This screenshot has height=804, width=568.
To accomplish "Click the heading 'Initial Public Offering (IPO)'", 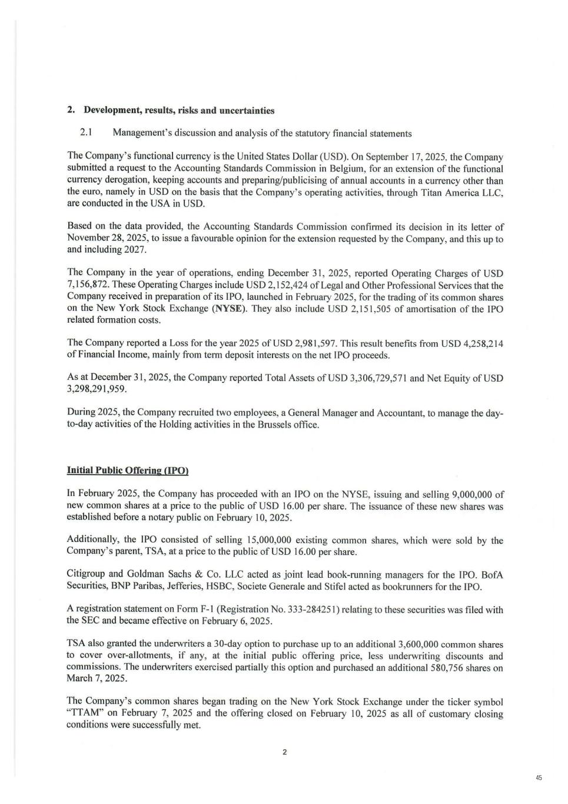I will (x=127, y=471).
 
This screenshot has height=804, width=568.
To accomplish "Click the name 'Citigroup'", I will (x=86, y=575).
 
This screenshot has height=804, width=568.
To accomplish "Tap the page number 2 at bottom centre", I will (x=284, y=752).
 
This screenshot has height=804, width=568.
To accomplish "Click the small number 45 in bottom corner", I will (x=539, y=778).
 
